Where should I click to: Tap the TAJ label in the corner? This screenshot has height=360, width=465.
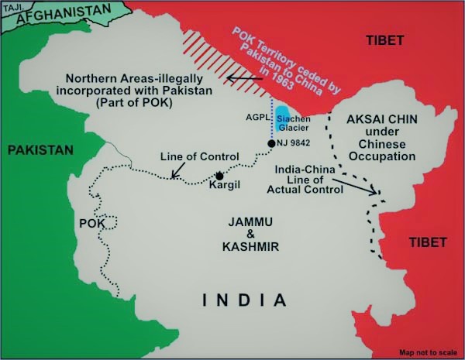10,6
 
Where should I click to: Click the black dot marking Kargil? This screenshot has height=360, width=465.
220,176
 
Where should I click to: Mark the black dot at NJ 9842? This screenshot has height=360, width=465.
271,144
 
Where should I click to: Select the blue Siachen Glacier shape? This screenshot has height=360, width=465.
284,115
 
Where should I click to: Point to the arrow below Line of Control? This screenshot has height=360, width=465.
177,171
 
